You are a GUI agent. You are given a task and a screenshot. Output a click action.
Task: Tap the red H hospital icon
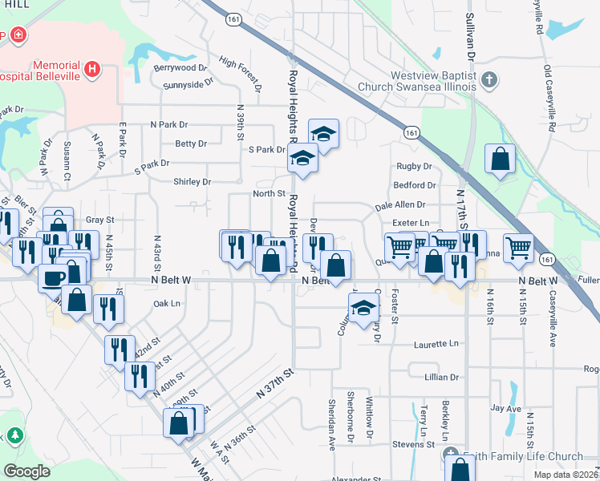coord(93,70)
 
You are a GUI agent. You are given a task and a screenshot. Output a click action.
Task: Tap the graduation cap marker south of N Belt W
coord(363,307)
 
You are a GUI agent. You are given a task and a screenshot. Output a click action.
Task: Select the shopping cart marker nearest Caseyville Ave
coord(519,247)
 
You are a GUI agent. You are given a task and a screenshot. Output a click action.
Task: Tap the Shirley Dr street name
coord(192,182)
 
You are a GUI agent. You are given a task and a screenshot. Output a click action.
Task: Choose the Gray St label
coord(100,220)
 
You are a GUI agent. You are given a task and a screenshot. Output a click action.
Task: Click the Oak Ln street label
coord(166,304)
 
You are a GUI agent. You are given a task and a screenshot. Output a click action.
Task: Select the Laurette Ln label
coord(436,344)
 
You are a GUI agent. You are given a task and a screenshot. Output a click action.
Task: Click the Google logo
coord(26,471)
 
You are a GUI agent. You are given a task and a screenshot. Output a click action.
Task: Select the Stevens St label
coord(413,443)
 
